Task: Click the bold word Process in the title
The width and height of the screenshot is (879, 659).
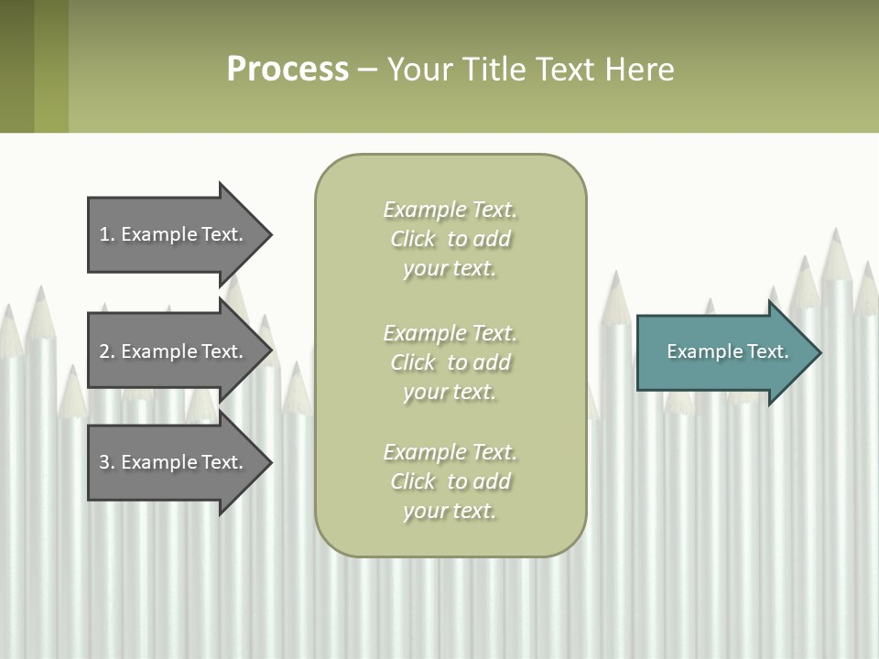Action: tap(288, 70)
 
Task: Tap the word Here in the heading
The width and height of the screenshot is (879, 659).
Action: tap(640, 70)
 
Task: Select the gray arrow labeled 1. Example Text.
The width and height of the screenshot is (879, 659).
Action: tap(174, 234)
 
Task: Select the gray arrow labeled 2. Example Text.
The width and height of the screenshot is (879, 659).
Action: tap(174, 351)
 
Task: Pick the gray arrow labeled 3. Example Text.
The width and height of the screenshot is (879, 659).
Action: tap(174, 462)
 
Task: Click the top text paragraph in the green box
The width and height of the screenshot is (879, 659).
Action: tap(450, 239)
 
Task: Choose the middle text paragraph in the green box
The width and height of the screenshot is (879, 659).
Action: tap(450, 362)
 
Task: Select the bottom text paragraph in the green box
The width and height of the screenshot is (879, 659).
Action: tap(450, 481)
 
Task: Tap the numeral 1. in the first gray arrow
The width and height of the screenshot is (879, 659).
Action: tap(106, 234)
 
